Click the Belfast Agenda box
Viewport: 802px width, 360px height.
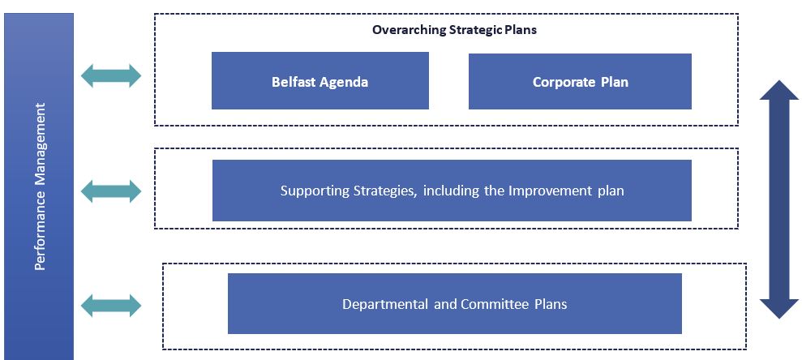click(320, 80)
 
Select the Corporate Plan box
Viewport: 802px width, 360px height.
click(580, 81)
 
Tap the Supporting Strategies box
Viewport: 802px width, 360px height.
click(452, 191)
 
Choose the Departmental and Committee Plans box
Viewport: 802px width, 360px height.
click(455, 304)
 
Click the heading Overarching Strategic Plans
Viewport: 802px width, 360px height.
click(454, 30)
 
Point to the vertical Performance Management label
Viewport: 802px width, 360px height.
click(41, 186)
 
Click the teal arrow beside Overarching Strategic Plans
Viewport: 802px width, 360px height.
click(111, 75)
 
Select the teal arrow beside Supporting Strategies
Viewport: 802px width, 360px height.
click(111, 191)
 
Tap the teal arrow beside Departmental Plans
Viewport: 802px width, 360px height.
click(111, 306)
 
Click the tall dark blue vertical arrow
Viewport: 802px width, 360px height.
click(779, 199)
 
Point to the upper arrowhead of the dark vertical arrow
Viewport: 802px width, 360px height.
click(779, 81)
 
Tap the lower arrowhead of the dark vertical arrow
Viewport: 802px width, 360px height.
click(779, 318)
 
